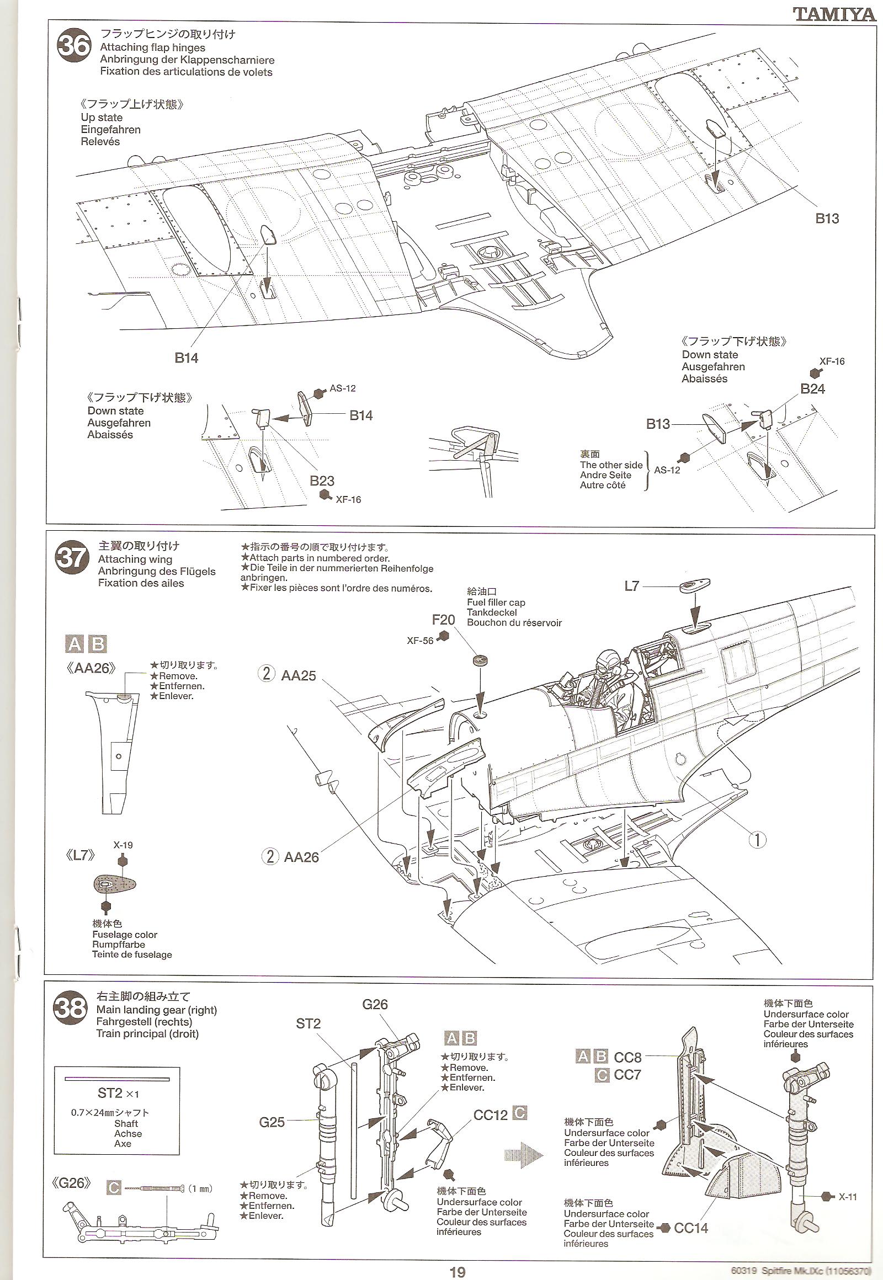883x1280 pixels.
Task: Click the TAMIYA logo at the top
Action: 834,14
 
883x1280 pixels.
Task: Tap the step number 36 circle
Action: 74,46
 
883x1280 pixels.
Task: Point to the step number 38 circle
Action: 70,1008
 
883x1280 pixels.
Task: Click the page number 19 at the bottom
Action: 457,1272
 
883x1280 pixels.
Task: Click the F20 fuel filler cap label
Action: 443,620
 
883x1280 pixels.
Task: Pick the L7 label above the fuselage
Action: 631,586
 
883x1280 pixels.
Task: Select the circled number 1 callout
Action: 757,840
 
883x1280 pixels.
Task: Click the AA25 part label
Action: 298,675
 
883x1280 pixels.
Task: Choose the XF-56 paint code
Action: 420,641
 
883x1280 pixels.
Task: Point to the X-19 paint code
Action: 123,846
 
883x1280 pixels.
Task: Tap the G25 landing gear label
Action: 272,1122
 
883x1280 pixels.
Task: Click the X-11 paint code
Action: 847,1197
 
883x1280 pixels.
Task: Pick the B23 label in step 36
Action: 322,481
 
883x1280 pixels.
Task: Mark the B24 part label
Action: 812,389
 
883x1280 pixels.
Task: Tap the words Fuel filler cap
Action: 496,602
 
